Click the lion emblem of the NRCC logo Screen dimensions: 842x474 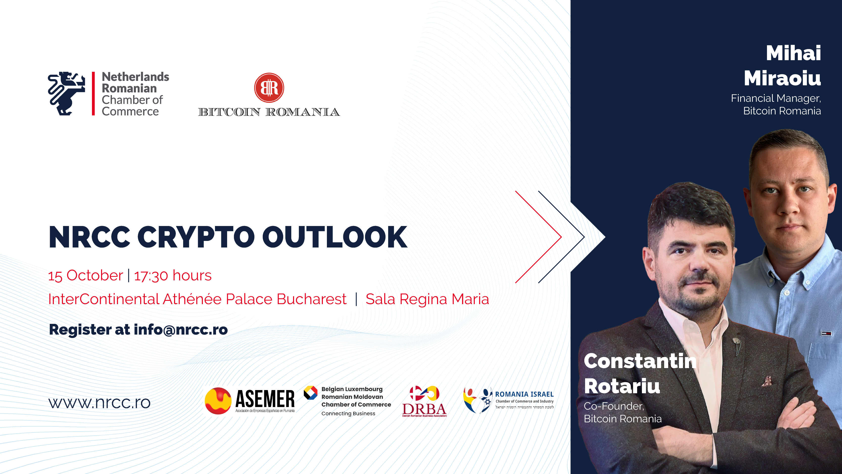tap(66, 94)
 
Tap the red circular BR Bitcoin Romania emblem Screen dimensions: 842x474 tap(269, 88)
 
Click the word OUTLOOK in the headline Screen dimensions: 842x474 tap(335, 237)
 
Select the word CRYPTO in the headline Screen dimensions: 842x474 tap(196, 237)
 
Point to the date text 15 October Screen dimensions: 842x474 tap(86, 276)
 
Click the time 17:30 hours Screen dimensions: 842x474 tap(173, 276)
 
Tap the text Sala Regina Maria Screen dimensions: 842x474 tap(427, 299)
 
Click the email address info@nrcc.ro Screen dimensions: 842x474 tap(181, 329)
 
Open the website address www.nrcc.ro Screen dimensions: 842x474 tap(99, 403)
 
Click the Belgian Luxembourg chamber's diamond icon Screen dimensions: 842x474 tap(310, 393)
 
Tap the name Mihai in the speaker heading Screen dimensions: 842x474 tap(793, 53)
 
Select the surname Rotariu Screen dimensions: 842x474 tap(622, 386)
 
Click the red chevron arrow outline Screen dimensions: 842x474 tap(539, 237)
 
